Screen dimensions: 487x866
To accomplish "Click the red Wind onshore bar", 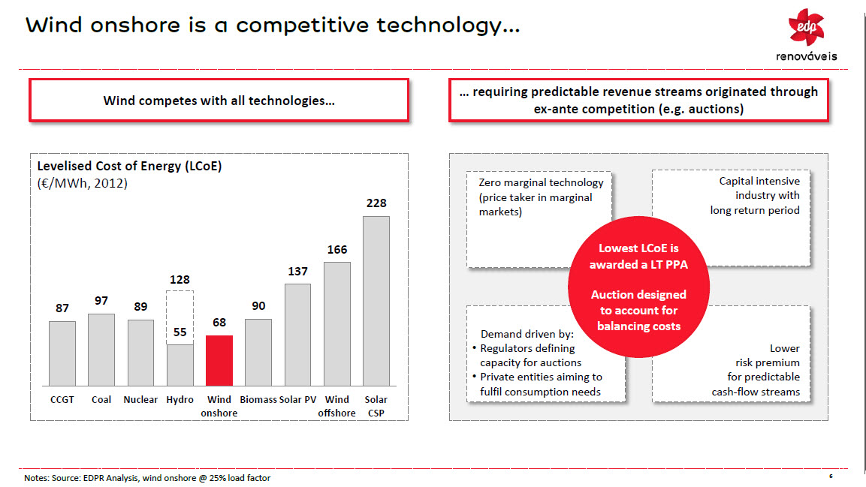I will coord(219,360).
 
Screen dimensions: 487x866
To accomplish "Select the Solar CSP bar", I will coord(376,300).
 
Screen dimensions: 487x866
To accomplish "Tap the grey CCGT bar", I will coord(62,353).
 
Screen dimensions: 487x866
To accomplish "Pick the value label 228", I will coord(376,203).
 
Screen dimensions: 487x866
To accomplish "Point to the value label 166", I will coord(337,249).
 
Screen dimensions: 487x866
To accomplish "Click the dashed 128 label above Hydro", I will coord(180,279).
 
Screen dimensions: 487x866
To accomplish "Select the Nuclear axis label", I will coord(140,400).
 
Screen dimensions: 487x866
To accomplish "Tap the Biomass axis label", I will coord(258,400).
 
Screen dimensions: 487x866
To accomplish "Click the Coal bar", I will coord(101,349).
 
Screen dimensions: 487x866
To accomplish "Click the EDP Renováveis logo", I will coord(806,34).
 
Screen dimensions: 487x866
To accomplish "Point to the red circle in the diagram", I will coord(638,287).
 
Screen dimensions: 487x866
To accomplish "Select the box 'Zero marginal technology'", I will coord(541,197).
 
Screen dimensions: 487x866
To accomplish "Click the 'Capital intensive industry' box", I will coord(755,196).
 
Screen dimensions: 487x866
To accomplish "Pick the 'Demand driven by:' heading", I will coord(527,334).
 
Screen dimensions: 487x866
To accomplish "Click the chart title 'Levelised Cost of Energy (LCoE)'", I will coord(130,167).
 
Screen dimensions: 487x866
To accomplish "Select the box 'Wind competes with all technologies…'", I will coord(219,101).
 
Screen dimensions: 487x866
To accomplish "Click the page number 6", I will coord(831,476).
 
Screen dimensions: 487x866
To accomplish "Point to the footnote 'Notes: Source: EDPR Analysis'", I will coord(147,478).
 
